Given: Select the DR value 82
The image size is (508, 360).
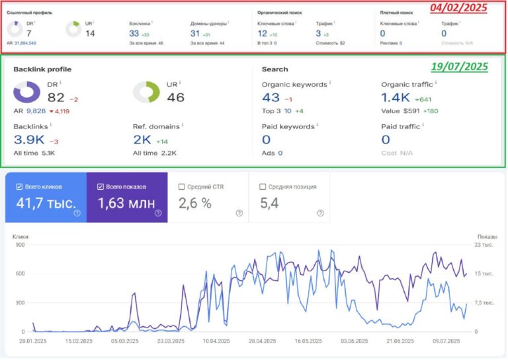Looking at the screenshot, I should [56, 97].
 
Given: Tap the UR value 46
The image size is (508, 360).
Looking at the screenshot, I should [175, 97].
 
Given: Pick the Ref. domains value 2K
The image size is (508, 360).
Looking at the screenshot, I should [142, 139].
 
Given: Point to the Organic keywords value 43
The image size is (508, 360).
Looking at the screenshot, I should [271, 98].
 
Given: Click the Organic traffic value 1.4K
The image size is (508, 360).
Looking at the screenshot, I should [395, 98].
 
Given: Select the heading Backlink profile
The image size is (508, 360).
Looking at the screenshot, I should [42, 69].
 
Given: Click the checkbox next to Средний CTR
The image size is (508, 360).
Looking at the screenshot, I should [182, 187].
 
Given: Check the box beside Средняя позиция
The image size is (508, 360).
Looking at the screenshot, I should [263, 187].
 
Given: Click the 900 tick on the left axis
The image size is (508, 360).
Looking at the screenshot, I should [19, 245].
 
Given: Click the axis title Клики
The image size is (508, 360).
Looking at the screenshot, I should [20, 235].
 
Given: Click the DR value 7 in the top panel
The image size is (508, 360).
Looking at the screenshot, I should [29, 33].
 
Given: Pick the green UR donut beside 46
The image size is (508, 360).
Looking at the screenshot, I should [146, 92].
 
